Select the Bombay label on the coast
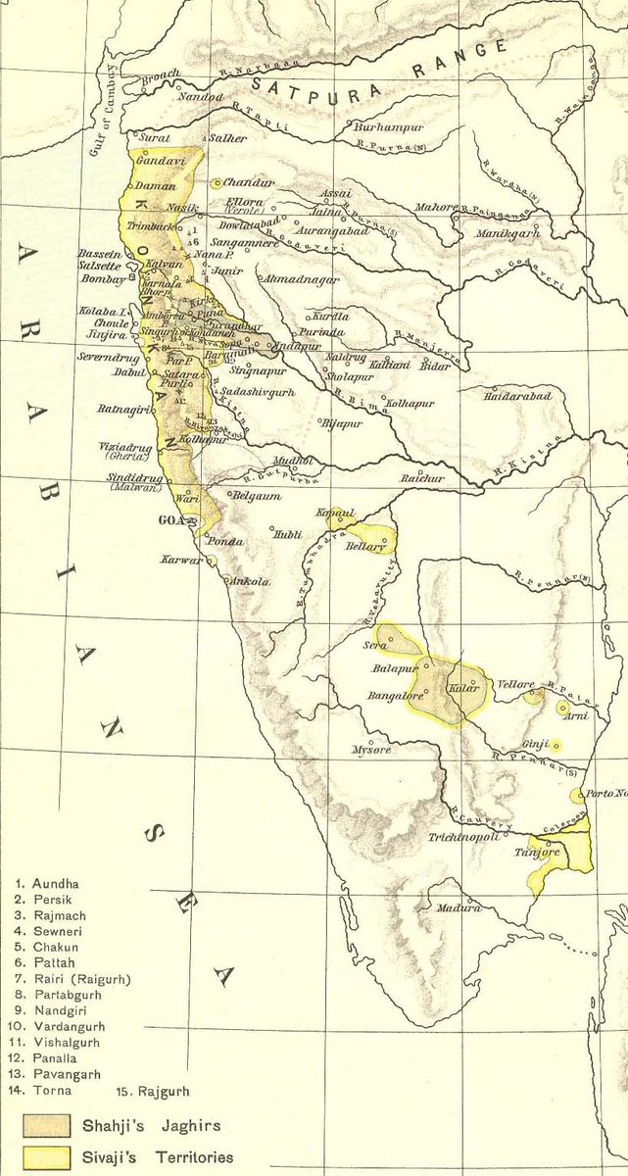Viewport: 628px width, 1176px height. [x=99, y=280]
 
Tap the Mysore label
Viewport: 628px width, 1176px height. [x=371, y=750]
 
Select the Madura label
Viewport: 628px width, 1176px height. [x=459, y=907]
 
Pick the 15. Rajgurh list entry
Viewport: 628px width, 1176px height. [x=153, y=1090]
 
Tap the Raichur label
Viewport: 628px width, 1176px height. [x=416, y=478]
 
